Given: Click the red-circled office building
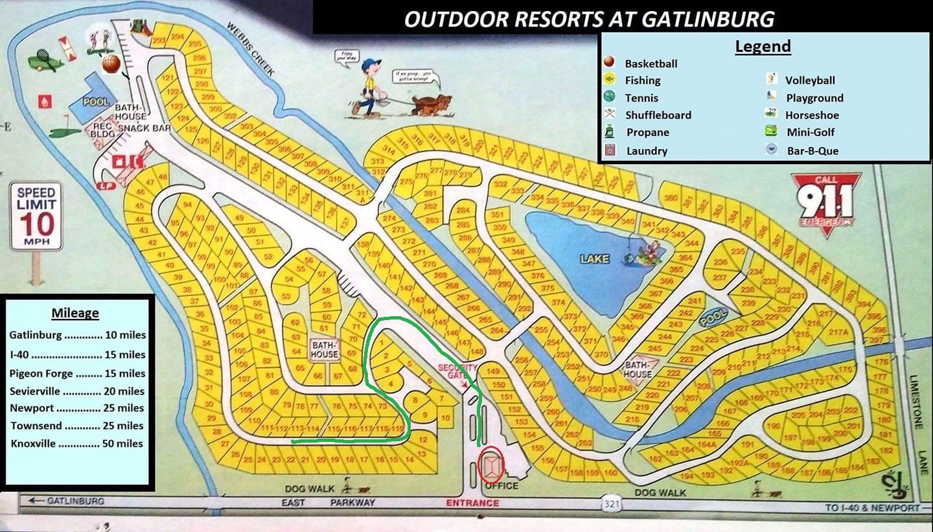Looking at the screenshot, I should pyautogui.click(x=490, y=466).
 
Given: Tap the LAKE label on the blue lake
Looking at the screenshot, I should pyautogui.click(x=594, y=259).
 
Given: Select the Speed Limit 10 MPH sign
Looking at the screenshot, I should pyautogui.click(x=36, y=216).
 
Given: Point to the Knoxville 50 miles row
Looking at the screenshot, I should pyautogui.click(x=77, y=444).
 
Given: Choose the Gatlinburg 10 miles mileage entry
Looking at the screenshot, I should pyautogui.click(x=77, y=335).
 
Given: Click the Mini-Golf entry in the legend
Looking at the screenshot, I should pyautogui.click(x=810, y=132).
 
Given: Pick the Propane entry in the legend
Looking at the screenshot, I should pyautogui.click(x=647, y=132).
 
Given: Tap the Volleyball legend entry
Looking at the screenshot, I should pyautogui.click(x=810, y=80).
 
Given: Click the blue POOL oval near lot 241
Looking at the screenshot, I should pyautogui.click(x=714, y=317).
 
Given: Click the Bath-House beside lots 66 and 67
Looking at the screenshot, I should pyautogui.click(x=324, y=350).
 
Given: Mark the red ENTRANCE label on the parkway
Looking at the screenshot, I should pyautogui.click(x=472, y=503).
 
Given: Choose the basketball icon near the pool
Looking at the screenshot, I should pyautogui.click(x=111, y=64).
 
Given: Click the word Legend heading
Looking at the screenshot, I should pyautogui.click(x=763, y=46).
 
